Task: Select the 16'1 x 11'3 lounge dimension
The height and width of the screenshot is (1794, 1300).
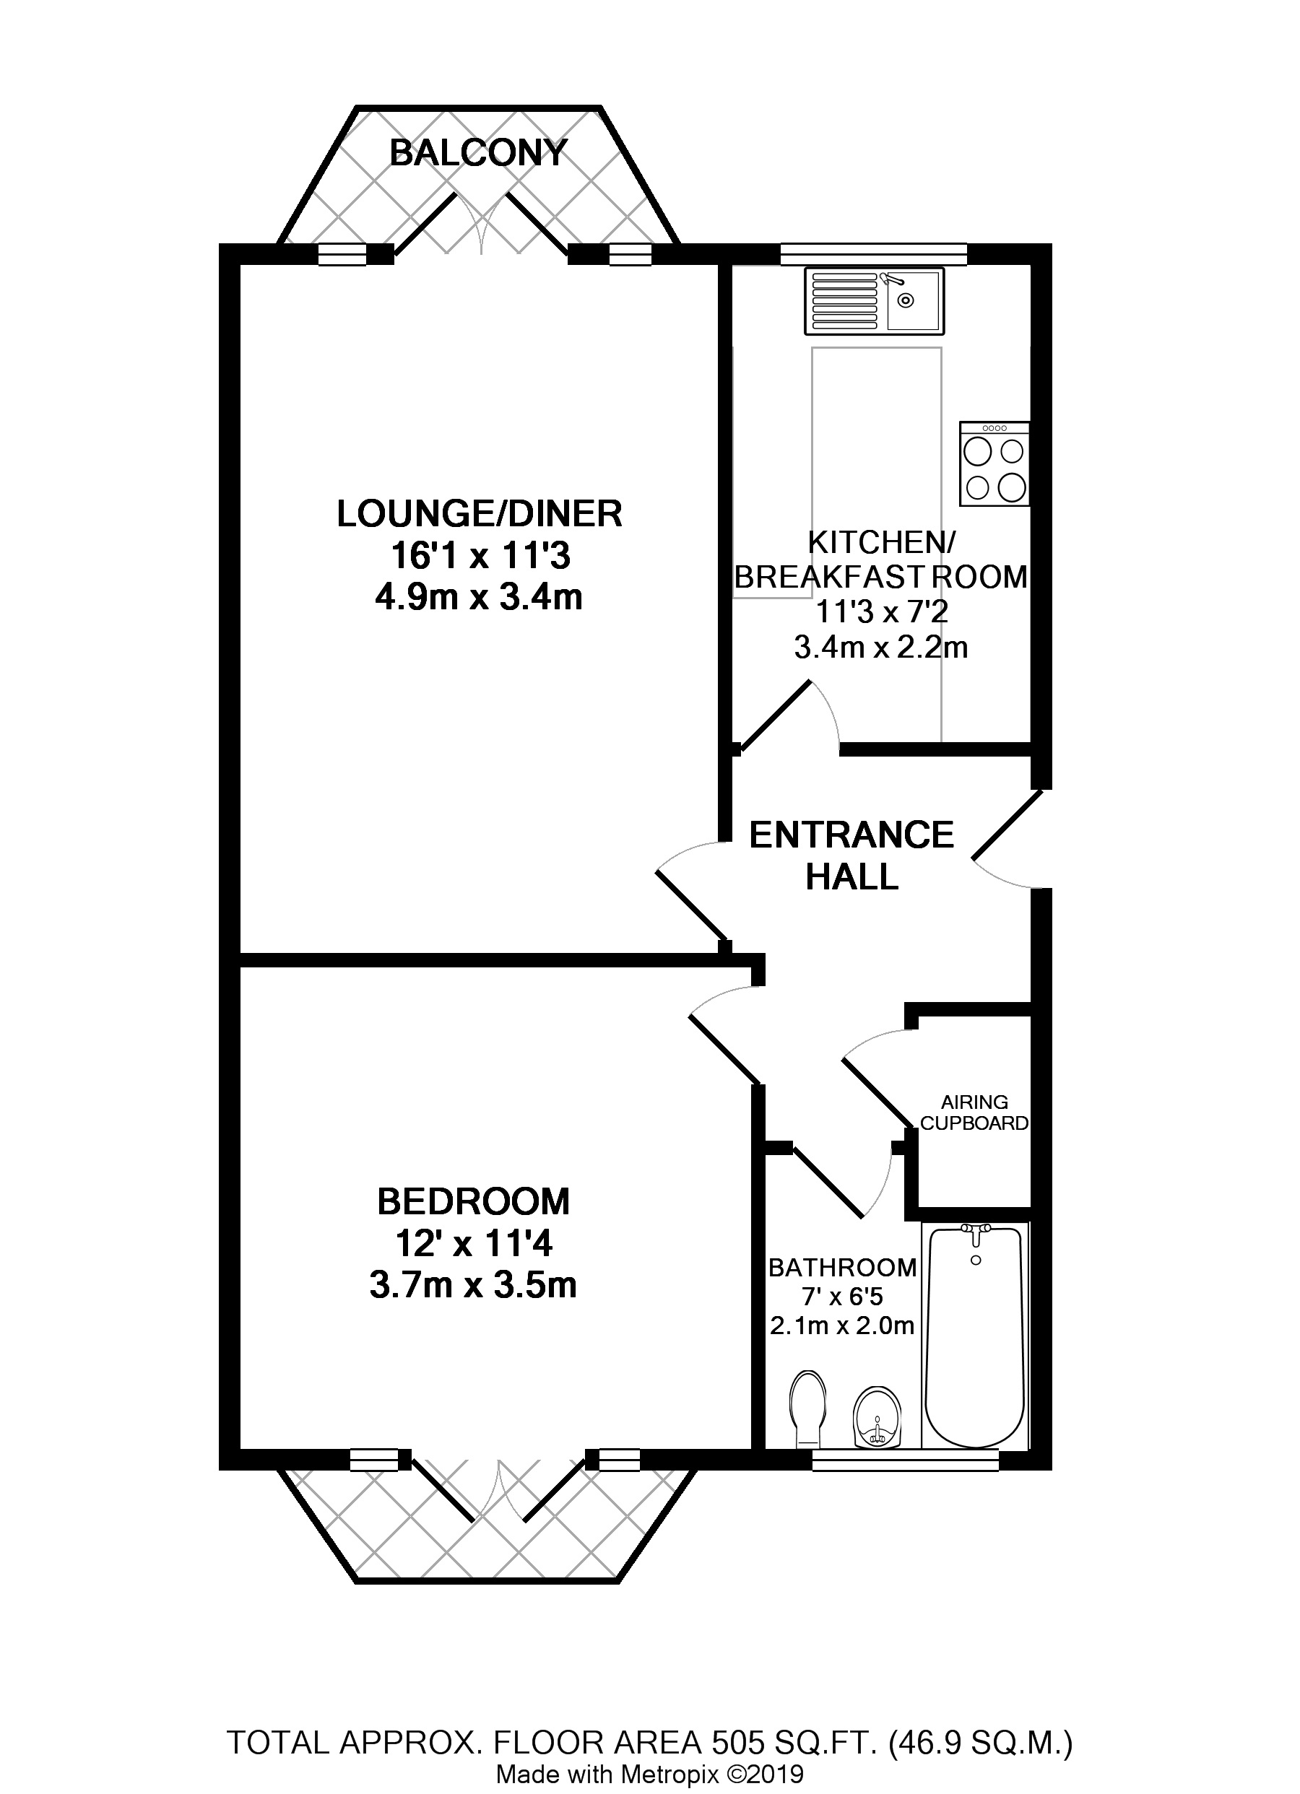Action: pos(480,556)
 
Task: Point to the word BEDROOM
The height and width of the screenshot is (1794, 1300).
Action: pos(473,1201)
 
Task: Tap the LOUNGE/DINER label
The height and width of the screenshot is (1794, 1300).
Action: pos(480,513)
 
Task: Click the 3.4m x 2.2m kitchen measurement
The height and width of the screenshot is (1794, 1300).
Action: pos(880,647)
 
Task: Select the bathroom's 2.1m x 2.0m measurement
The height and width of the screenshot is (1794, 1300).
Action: pos(842,1325)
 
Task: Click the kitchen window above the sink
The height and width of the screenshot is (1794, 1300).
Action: pos(873,253)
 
